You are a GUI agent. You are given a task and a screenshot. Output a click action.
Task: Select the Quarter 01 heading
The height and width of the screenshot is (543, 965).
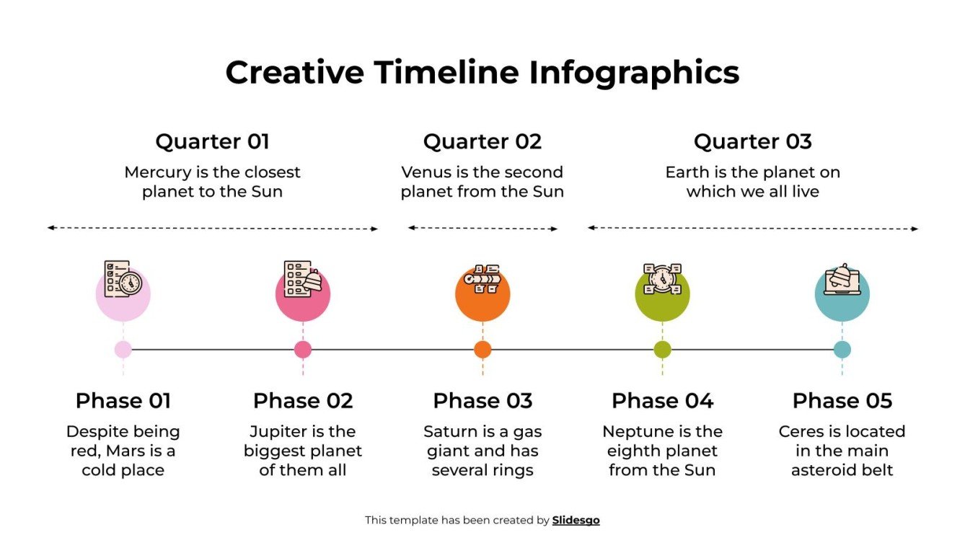212,141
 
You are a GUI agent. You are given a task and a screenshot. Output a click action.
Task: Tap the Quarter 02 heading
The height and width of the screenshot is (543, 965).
482,141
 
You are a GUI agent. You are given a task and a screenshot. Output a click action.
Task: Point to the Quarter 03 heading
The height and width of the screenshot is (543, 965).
752,141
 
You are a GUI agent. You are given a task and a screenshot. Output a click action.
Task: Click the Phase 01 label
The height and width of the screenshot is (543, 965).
123,400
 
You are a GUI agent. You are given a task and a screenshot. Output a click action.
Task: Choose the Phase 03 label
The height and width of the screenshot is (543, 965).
482,400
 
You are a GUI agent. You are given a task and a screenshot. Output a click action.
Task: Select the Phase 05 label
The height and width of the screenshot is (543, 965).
842,400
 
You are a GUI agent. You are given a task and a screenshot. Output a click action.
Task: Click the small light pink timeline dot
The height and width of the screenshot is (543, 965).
123,350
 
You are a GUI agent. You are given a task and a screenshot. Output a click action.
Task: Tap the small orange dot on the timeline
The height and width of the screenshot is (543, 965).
483,350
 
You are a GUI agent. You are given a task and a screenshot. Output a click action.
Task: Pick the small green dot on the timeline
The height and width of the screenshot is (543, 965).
662,350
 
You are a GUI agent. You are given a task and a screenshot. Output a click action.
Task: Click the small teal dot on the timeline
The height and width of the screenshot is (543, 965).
842,350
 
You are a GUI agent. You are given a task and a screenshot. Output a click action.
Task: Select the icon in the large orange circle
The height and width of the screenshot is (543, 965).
482,279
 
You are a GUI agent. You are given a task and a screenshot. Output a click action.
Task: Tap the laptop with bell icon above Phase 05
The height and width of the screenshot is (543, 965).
842,281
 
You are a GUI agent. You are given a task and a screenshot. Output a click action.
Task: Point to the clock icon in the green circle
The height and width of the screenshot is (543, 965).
662,279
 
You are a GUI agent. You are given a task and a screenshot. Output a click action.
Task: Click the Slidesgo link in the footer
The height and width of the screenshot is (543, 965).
576,520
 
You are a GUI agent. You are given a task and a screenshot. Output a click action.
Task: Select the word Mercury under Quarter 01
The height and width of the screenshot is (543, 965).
156,173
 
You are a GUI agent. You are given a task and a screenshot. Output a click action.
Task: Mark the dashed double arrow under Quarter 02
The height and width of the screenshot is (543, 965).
483,229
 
